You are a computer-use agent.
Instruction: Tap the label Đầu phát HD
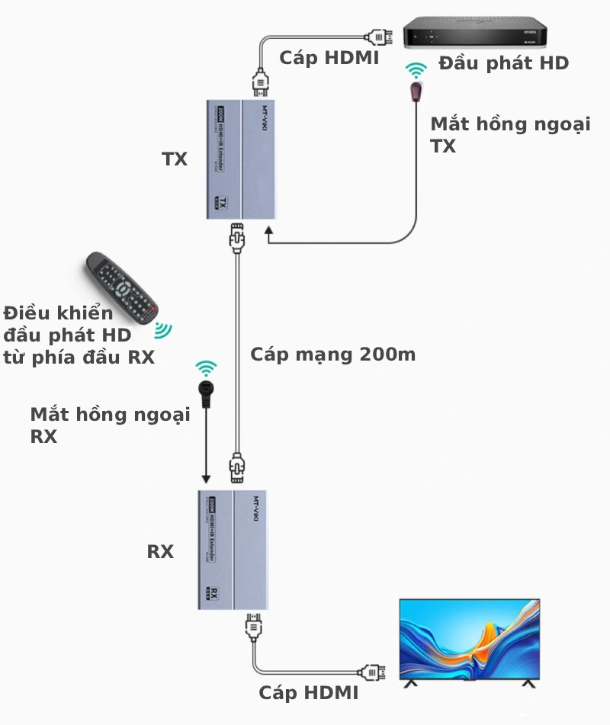pyautogui.click(x=503, y=63)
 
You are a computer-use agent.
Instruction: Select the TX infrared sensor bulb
pyautogui.click(x=416, y=92)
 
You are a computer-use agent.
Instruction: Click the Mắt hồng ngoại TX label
pyautogui.click(x=509, y=134)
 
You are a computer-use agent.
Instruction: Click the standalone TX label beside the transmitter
pyautogui.click(x=175, y=159)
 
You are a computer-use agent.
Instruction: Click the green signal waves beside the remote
pyautogui.click(x=162, y=329)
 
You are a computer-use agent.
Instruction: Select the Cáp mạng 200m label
pyautogui.click(x=333, y=354)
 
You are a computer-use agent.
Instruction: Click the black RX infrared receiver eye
pyautogui.click(x=206, y=390)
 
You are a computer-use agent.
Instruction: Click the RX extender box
pyautogui.click(x=231, y=549)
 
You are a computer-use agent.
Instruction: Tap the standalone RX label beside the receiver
pyautogui.click(x=160, y=551)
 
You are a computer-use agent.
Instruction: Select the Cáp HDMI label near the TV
pyautogui.click(x=308, y=692)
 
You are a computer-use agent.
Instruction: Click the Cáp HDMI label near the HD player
pyautogui.click(x=329, y=58)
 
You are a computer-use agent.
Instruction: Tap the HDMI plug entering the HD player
pyautogui.click(x=379, y=36)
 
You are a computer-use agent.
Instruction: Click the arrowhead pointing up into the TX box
pyautogui.click(x=268, y=230)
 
